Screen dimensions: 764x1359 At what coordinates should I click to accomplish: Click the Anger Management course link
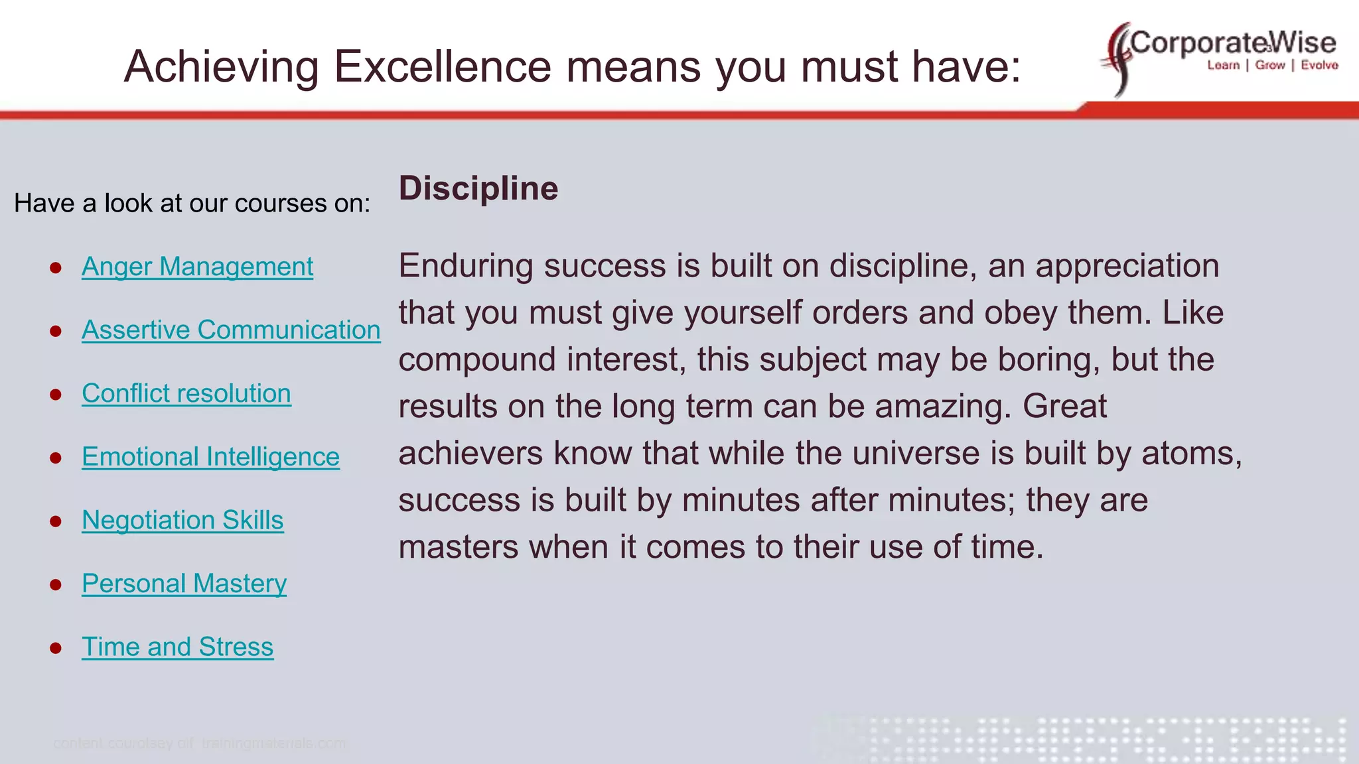tap(197, 267)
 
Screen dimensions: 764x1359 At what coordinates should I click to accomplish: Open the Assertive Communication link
tap(231, 330)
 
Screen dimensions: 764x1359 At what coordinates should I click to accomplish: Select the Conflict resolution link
tap(186, 393)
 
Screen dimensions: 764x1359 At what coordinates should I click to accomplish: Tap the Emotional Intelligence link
tap(210, 457)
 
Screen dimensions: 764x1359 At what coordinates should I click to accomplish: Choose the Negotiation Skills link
tap(182, 520)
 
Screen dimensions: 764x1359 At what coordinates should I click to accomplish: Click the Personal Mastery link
tap(184, 584)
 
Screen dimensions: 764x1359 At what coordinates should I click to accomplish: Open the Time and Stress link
tap(177, 647)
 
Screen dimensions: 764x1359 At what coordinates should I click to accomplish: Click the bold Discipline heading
tap(478, 188)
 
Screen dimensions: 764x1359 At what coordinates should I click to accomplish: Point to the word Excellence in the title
tap(442, 67)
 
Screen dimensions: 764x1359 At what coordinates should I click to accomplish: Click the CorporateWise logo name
tap(1233, 43)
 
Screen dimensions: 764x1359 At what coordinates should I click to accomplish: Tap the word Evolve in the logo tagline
tap(1319, 65)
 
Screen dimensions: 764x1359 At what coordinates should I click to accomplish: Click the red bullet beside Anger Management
tap(56, 268)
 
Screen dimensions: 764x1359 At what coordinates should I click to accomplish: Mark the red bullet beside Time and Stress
tap(56, 648)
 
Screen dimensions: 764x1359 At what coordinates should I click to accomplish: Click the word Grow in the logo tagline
tap(1270, 65)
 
